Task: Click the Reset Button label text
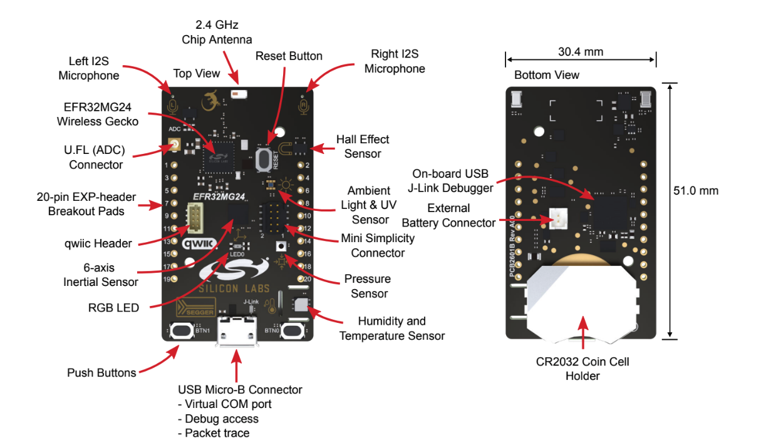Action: [289, 56]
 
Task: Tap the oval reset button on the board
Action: [266, 158]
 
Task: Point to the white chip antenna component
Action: [238, 94]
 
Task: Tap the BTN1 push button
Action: [181, 330]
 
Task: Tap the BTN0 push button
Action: [291, 330]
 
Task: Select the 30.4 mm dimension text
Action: [580, 52]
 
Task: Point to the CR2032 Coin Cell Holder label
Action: [582, 369]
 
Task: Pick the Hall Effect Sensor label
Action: [363, 146]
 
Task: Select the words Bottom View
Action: [546, 75]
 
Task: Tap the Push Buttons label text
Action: [101, 373]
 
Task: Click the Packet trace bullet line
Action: [214, 433]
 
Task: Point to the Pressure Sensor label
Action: [367, 286]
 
